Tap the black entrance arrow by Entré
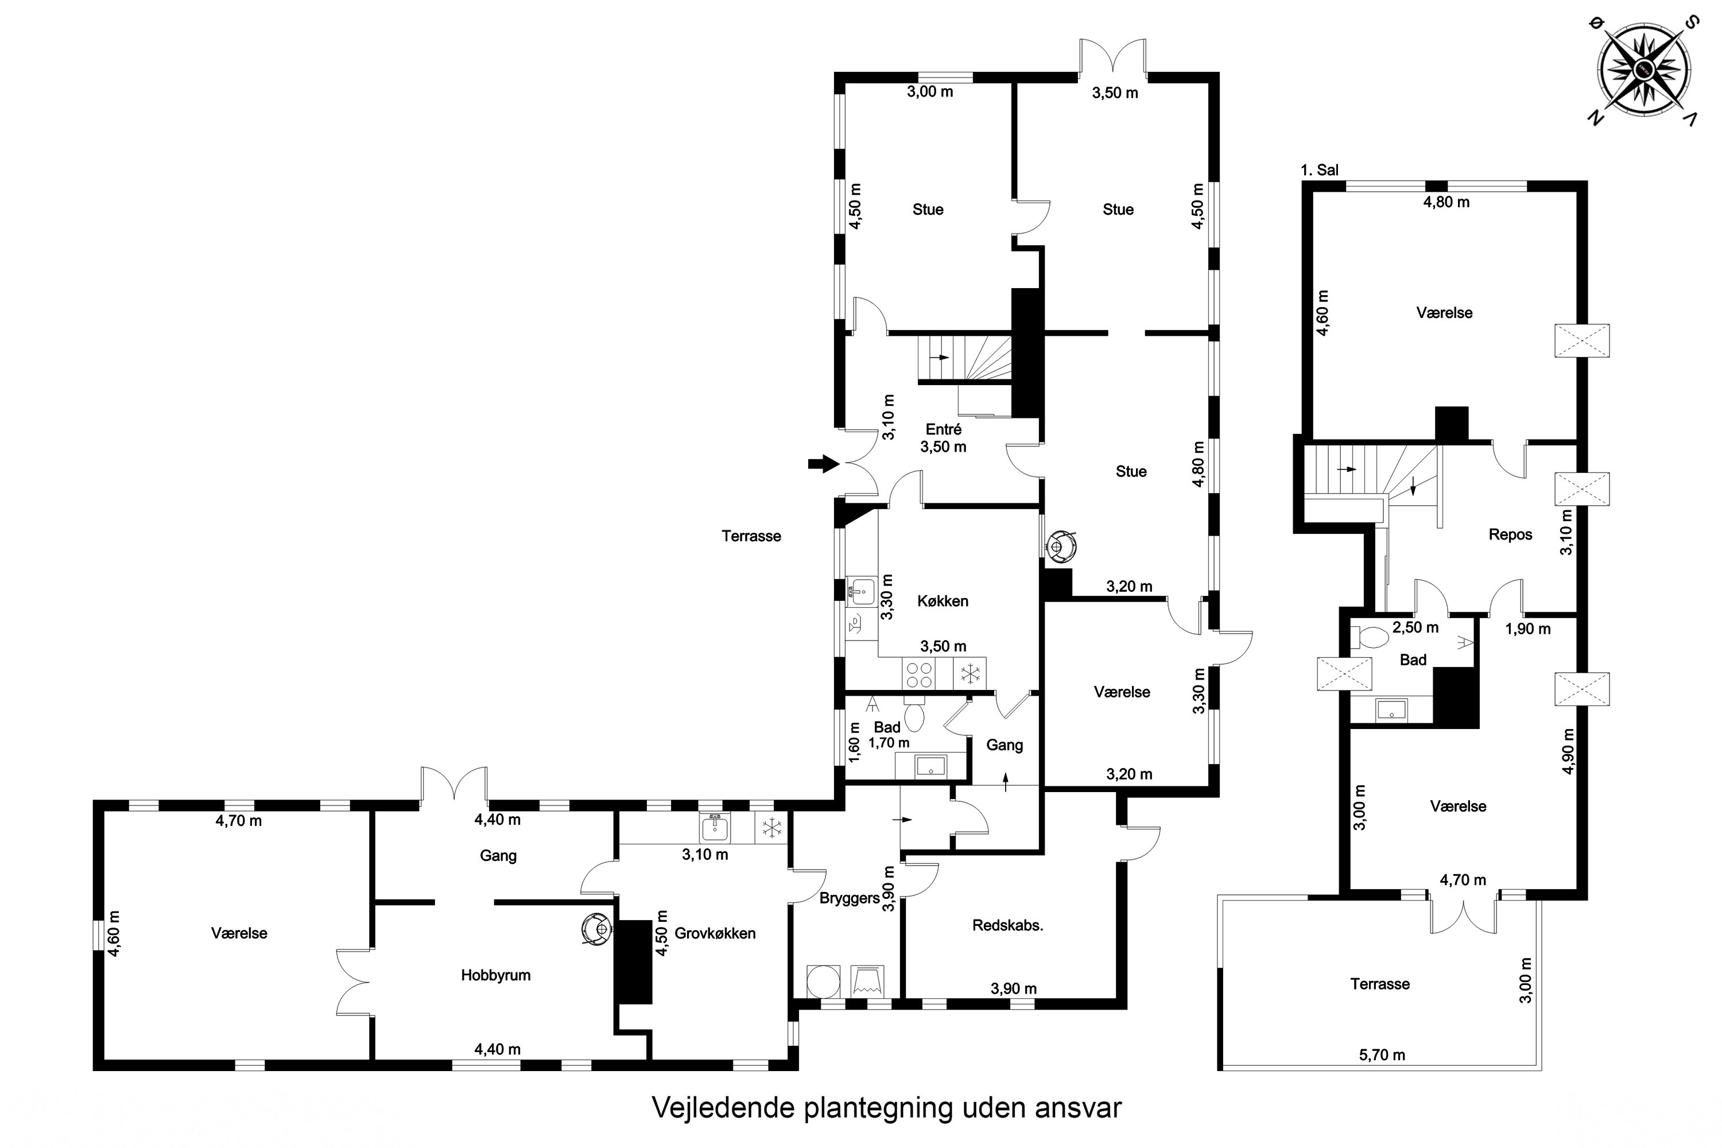(824, 463)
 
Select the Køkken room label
(943, 601)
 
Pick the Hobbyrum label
(496, 975)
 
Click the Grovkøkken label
(715, 933)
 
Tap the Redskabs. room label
(1007, 925)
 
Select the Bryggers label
(850, 898)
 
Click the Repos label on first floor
(1510, 534)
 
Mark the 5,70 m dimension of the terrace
(1382, 1055)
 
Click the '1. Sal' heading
(1319, 170)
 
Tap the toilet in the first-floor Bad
(1368, 638)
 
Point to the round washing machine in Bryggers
(823, 981)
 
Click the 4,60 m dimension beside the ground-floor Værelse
(114, 933)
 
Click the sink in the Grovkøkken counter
(714, 827)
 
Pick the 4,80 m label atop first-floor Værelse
(1446, 202)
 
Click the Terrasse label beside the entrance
(751, 536)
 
